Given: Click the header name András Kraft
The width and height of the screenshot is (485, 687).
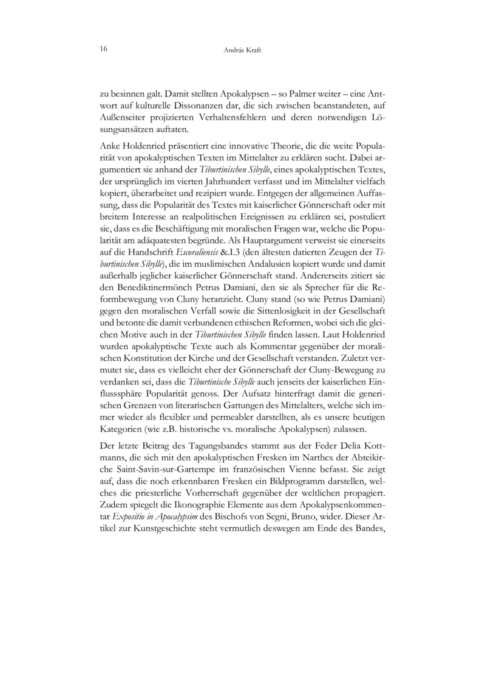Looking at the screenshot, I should coord(242,51).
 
